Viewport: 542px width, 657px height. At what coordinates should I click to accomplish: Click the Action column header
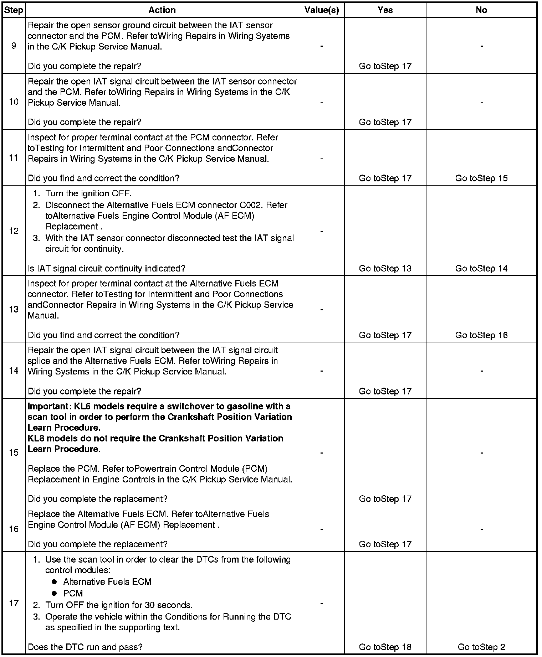point(162,10)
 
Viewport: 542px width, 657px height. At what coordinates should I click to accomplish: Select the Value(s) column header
point(321,10)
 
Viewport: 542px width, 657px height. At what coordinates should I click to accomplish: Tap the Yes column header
point(385,10)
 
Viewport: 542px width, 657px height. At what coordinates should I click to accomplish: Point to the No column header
point(481,10)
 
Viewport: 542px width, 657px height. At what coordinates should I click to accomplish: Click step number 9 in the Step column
point(14,46)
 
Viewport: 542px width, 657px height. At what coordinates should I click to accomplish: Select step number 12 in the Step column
point(14,231)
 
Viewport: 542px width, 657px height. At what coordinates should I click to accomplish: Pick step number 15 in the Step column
point(14,452)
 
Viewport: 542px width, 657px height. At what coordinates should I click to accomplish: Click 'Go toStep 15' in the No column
point(481,178)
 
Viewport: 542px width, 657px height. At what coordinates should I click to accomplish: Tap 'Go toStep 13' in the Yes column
point(385,269)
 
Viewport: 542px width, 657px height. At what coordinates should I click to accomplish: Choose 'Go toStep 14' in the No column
point(481,269)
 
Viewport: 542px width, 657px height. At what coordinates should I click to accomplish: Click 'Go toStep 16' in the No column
point(481,335)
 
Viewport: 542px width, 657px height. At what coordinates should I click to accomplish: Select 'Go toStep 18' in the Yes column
point(385,647)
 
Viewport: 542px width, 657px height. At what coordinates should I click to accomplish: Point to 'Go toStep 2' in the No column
point(481,647)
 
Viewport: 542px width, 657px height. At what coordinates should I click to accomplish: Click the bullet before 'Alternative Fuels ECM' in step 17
point(54,582)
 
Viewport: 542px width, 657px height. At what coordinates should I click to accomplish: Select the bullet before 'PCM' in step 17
point(54,594)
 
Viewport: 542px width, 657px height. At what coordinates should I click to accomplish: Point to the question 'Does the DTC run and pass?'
point(85,647)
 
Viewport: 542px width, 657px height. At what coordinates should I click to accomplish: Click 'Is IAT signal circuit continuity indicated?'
point(107,269)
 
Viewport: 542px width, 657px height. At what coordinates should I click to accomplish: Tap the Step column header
point(14,10)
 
